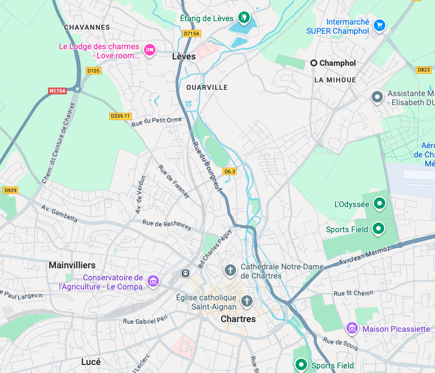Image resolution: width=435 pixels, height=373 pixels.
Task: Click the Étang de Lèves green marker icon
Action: [x=244, y=18]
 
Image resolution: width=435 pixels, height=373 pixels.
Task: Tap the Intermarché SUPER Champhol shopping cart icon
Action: [x=379, y=25]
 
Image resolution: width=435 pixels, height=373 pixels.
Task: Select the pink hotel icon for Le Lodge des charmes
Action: [x=150, y=50]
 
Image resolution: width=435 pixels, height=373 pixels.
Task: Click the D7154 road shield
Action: [x=191, y=34]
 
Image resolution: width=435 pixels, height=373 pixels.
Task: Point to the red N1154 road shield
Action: [x=57, y=90]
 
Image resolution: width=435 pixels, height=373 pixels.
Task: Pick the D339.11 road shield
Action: [x=120, y=116]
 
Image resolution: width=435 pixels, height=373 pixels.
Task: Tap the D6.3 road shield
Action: [x=230, y=171]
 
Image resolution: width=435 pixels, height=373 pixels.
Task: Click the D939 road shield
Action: [x=10, y=190]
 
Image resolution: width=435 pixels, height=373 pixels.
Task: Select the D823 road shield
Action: [x=424, y=70]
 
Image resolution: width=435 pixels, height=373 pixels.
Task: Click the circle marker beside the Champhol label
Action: [x=314, y=63]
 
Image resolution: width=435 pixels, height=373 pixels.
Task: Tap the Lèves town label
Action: [x=183, y=56]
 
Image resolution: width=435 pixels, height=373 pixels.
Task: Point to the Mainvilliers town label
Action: [x=72, y=265]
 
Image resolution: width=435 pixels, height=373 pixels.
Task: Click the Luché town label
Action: [x=91, y=362]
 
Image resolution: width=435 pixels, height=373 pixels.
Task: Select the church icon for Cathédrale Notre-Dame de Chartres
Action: [x=230, y=270]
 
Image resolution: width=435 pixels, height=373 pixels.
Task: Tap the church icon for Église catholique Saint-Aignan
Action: [x=247, y=301]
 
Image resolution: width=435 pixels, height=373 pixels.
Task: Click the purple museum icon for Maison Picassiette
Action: [x=352, y=328]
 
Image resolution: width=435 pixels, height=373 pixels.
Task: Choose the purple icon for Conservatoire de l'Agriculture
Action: [x=153, y=281]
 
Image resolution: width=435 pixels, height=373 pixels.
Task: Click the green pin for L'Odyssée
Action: [x=378, y=203]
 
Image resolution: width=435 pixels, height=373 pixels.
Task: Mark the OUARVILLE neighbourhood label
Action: [x=207, y=88]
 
